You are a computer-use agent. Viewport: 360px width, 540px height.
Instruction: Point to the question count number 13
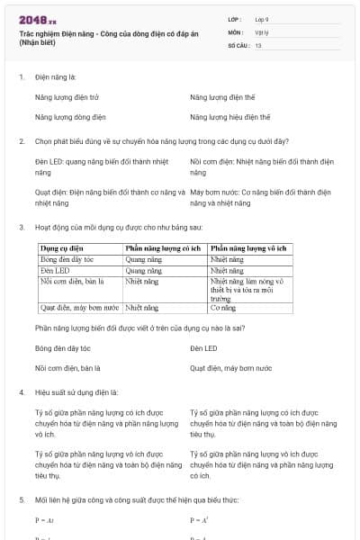(258, 44)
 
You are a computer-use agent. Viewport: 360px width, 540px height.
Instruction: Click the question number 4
(21, 392)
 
